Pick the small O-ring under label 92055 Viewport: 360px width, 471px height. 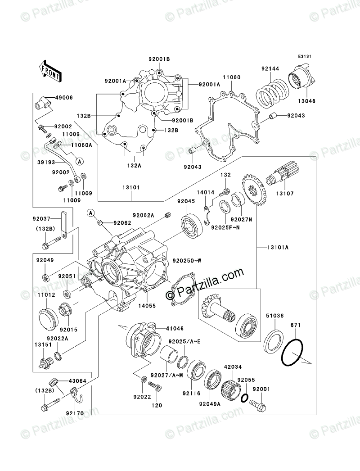coord(243,398)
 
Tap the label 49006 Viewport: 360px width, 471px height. coord(63,97)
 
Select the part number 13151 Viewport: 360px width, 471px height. coord(41,344)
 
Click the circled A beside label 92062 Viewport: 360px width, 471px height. coord(91,213)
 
